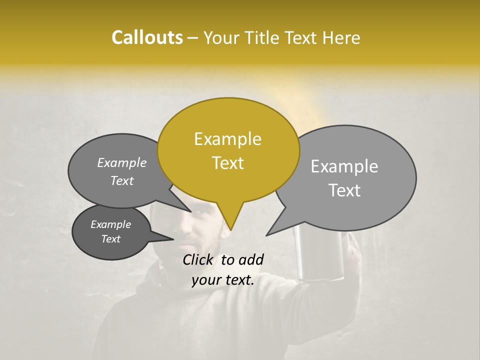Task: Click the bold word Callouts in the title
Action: click(147, 37)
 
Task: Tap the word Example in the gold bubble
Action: click(227, 139)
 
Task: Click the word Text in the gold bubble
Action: click(227, 163)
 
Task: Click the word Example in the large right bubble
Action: click(344, 166)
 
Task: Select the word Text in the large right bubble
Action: click(344, 190)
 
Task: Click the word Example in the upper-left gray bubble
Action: click(122, 163)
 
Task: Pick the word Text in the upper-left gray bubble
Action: click(122, 181)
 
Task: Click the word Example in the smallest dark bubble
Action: click(110, 224)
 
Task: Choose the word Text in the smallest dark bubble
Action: click(110, 239)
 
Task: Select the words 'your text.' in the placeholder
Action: click(223, 280)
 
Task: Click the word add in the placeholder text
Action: click(251, 259)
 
